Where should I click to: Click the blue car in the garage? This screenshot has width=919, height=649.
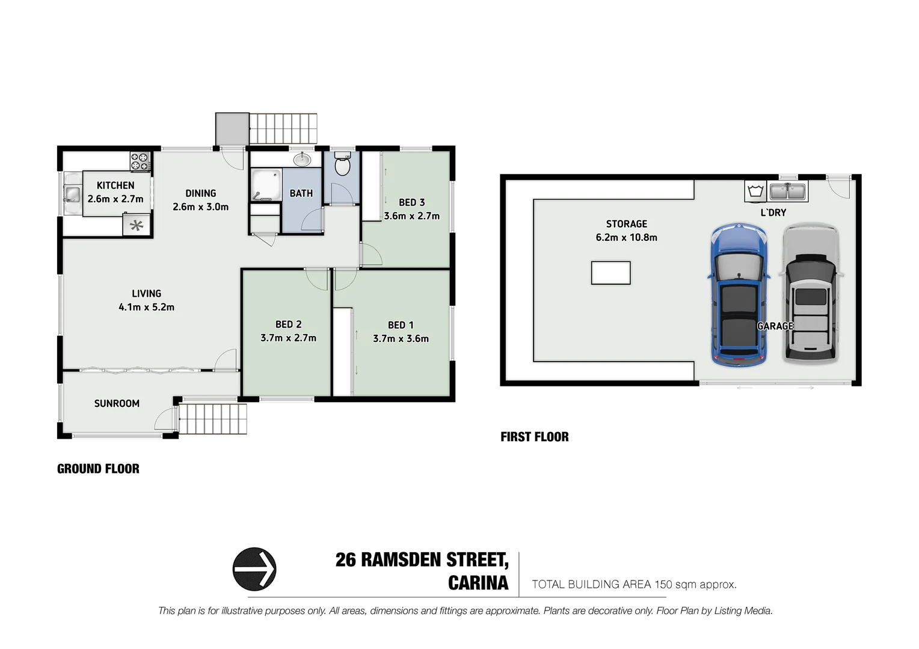(738, 294)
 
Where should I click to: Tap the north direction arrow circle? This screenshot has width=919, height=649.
(254, 568)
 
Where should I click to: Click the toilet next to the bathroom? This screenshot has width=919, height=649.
(342, 164)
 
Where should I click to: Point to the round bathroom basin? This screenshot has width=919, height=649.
(302, 160)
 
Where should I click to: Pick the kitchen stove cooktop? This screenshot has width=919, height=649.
(140, 162)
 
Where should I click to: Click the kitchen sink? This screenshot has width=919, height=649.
(72, 193)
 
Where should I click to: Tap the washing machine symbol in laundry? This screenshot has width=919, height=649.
(755, 192)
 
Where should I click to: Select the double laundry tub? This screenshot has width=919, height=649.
(787, 192)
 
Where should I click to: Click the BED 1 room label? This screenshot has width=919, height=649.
(401, 325)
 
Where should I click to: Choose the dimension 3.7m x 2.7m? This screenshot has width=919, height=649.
(288, 338)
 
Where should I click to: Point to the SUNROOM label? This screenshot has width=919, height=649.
(117, 403)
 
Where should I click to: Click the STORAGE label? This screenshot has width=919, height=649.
(626, 224)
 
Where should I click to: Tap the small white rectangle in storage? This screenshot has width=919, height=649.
(610, 273)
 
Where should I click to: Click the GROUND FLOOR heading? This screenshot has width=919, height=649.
(98, 469)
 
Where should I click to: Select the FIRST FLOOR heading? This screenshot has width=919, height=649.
(534, 437)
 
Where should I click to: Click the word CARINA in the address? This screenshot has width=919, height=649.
(478, 583)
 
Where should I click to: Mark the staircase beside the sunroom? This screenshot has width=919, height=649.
(213, 419)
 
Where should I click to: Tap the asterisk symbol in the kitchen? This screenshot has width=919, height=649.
(137, 226)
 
